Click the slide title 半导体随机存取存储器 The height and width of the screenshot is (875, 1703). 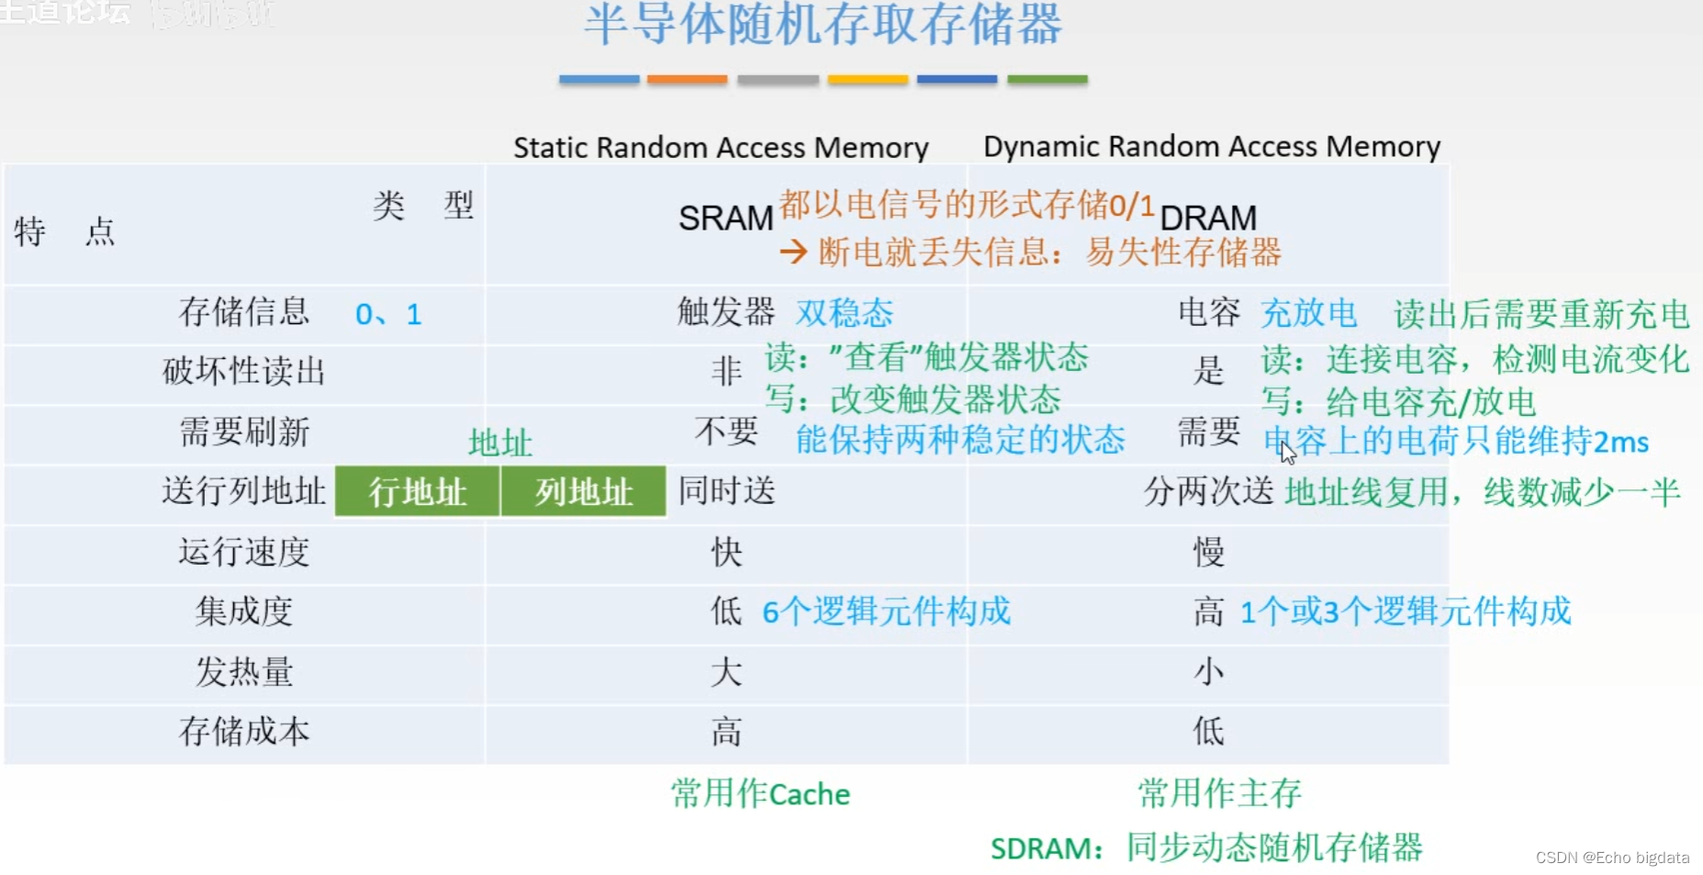(823, 25)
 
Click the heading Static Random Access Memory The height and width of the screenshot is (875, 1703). (721, 148)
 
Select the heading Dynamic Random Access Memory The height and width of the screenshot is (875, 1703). (1211, 147)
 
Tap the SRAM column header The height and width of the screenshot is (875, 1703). (725, 219)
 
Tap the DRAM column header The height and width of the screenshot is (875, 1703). (1207, 219)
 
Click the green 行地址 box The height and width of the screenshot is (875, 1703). (418, 492)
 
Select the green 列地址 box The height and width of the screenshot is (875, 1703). (584, 492)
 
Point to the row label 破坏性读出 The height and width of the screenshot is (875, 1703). (244, 372)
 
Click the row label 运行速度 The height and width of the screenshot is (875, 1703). (244, 552)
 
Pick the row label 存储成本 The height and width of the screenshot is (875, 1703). (244, 732)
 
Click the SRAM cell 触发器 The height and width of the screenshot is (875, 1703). (725, 312)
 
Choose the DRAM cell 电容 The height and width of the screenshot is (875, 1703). (1208, 312)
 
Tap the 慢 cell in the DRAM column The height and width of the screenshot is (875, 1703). (1208, 552)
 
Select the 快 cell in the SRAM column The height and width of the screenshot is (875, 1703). (726, 552)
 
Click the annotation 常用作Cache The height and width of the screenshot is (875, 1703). (760, 793)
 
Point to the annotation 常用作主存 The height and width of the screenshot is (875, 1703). (1219, 793)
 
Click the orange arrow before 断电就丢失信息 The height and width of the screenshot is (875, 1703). (793, 252)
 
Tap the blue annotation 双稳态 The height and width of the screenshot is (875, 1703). (844, 313)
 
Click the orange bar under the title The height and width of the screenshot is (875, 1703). (687, 80)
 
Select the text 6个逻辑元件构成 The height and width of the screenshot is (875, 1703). (886, 611)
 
